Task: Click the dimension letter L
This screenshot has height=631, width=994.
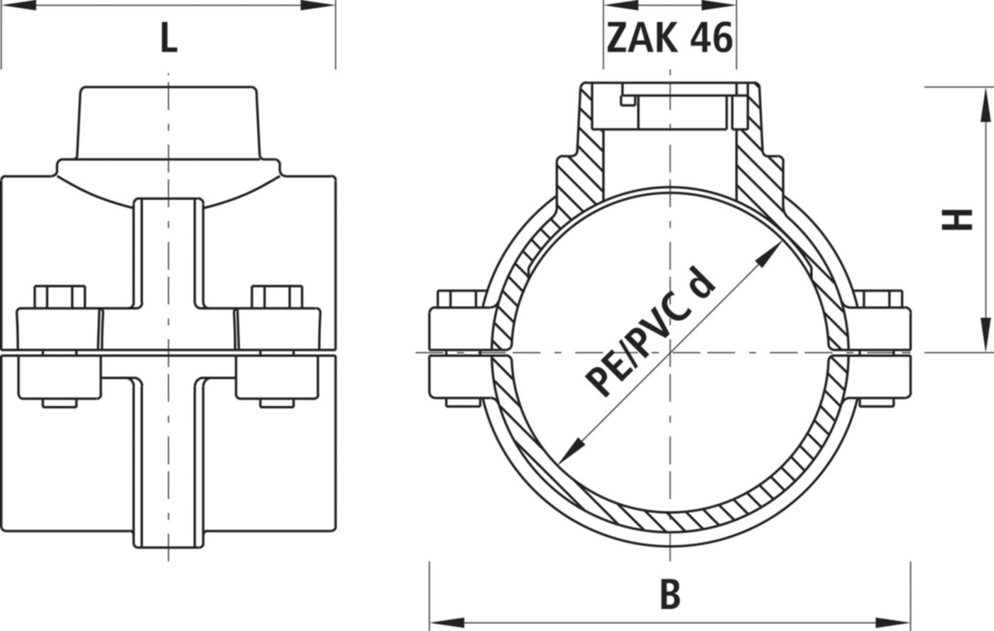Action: (x=168, y=40)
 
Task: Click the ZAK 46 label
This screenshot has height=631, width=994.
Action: (x=669, y=38)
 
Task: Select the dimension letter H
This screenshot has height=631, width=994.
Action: (x=957, y=220)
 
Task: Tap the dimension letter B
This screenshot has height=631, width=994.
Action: (x=670, y=595)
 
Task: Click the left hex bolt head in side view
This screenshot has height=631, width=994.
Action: (x=60, y=297)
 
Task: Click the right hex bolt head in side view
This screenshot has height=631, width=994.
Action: (x=277, y=297)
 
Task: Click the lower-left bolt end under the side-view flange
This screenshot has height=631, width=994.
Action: (x=60, y=403)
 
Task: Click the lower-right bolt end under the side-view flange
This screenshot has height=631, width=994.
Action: (x=277, y=403)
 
